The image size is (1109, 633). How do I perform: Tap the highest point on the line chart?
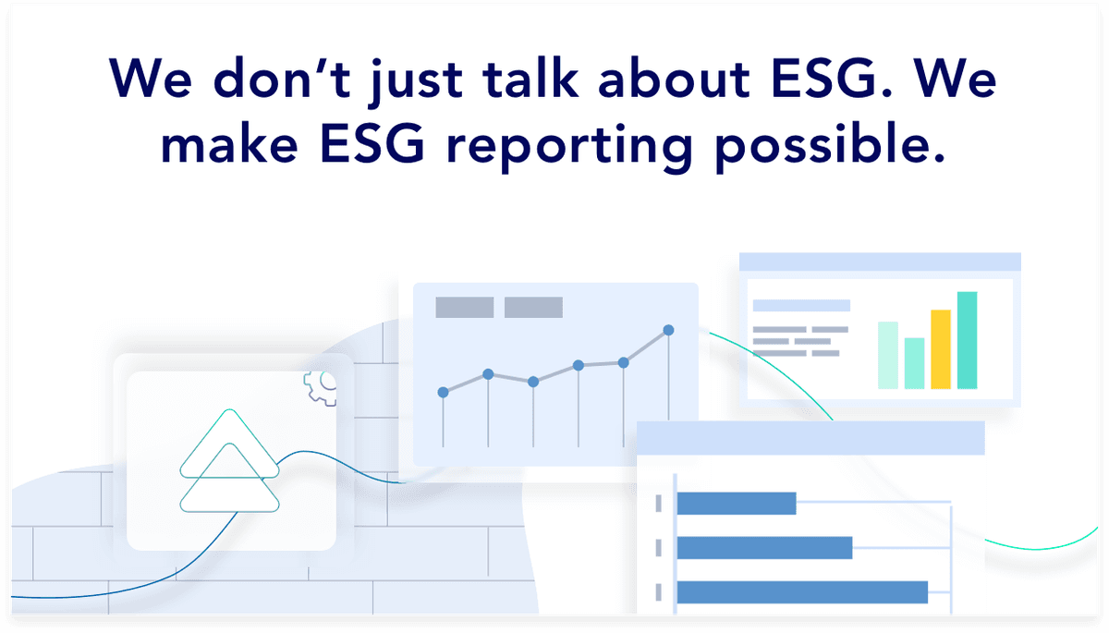[x=668, y=330]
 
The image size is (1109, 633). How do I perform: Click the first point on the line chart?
[x=443, y=392]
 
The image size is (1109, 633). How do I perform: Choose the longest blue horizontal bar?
[x=801, y=592]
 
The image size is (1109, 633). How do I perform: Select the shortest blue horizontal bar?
[x=736, y=504]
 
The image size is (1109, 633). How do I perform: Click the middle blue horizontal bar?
[x=763, y=548]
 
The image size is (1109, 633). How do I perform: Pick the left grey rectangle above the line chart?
[x=465, y=307]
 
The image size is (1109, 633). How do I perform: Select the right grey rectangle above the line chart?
[x=533, y=307]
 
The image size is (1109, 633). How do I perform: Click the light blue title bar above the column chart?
[x=879, y=262]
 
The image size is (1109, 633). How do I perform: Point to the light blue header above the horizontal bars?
[x=810, y=439]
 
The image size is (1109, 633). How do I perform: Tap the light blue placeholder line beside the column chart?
[x=800, y=306]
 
